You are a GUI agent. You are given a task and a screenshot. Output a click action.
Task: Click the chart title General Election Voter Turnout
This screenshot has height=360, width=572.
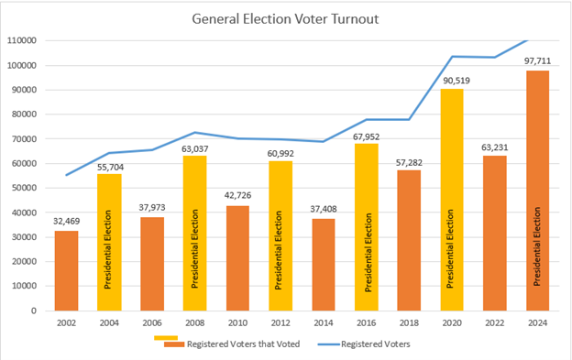click(286, 19)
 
